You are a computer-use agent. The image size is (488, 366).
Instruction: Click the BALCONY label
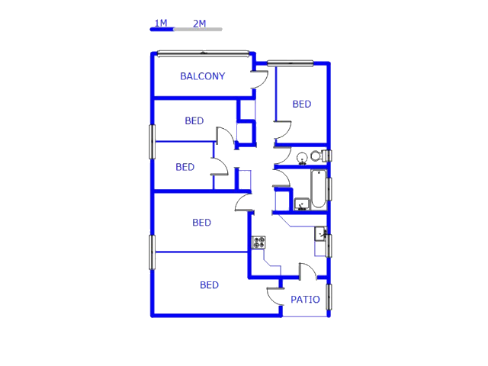pos(203,76)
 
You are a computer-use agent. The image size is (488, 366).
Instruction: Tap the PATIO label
pos(305,300)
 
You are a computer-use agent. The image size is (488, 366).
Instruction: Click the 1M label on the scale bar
pos(161,23)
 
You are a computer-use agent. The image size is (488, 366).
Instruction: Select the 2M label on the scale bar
pos(200,24)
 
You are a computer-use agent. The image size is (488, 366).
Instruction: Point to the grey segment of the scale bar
pos(198,29)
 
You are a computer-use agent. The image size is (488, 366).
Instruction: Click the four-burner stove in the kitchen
pos(258,242)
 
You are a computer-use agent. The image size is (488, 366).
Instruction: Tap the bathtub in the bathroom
pos(319,188)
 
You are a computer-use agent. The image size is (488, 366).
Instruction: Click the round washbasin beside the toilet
pos(302,159)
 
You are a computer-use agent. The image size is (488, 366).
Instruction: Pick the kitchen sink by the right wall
pos(320,234)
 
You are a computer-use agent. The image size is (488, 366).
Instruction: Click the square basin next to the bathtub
pos(302,204)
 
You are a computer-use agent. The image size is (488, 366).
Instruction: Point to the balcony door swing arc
pos(260,79)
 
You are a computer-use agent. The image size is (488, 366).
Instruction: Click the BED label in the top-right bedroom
pos(302,104)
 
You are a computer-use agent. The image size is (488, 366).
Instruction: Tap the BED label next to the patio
pos(209,285)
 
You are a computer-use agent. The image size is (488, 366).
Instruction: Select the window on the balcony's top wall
pos(204,54)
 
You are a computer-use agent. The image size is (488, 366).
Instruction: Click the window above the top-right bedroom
pos(291,63)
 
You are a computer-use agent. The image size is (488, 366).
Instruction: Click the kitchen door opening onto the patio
pos(308,271)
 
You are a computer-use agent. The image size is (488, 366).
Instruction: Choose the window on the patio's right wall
pos(329,297)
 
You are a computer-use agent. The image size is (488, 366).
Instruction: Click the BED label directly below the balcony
pos(194,120)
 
